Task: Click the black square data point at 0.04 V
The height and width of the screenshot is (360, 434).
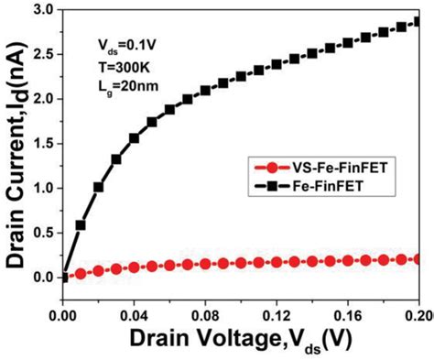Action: [135, 138]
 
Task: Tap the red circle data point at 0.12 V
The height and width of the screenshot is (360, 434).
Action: [277, 263]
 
